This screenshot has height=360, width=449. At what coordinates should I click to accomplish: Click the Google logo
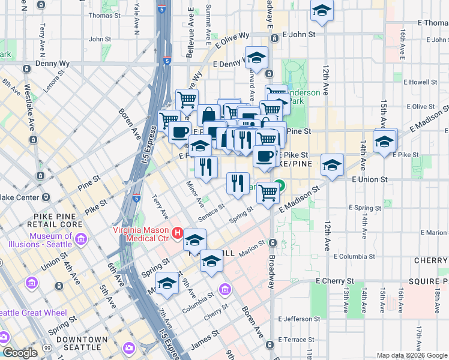19,353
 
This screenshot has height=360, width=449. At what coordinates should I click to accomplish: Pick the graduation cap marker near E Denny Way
256,59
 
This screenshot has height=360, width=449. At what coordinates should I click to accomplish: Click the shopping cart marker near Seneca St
268,192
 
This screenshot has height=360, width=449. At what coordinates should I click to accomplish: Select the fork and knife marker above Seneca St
238,182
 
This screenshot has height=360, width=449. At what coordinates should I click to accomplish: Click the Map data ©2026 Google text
412,355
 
